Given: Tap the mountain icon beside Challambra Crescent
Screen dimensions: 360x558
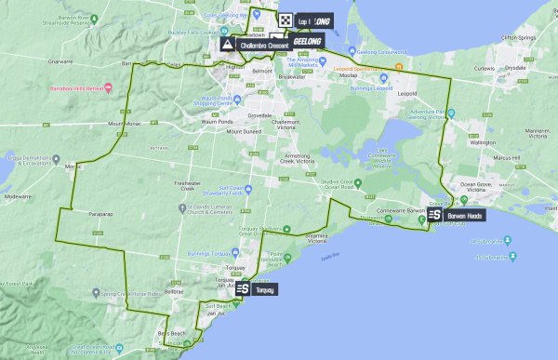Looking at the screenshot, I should click(227, 44).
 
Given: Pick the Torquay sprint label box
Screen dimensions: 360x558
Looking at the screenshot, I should click(264, 289).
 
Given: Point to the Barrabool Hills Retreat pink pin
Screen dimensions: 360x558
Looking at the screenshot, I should click(109, 88).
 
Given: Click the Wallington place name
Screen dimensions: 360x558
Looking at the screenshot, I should click(484, 143).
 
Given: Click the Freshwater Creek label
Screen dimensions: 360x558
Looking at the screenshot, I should click(190, 186).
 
